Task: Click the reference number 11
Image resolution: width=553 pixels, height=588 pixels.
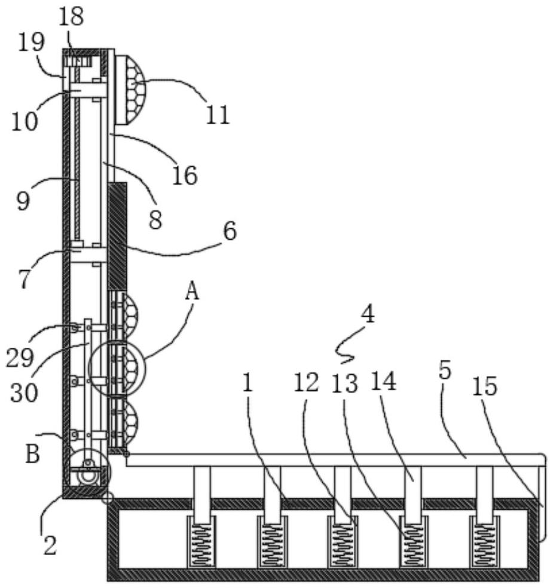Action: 218,114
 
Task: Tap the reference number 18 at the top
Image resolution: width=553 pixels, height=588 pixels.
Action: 71,16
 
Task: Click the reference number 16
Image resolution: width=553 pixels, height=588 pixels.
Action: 185,176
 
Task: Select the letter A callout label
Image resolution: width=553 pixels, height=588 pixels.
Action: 191,292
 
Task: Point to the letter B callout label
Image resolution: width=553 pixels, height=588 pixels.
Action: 32,454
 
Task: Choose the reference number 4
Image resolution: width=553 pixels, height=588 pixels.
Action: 368,314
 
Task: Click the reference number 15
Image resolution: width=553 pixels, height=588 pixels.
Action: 484,387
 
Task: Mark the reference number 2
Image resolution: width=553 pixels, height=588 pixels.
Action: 50,545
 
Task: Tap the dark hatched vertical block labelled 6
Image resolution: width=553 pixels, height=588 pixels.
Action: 117,236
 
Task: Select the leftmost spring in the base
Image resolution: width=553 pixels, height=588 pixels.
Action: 202,541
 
